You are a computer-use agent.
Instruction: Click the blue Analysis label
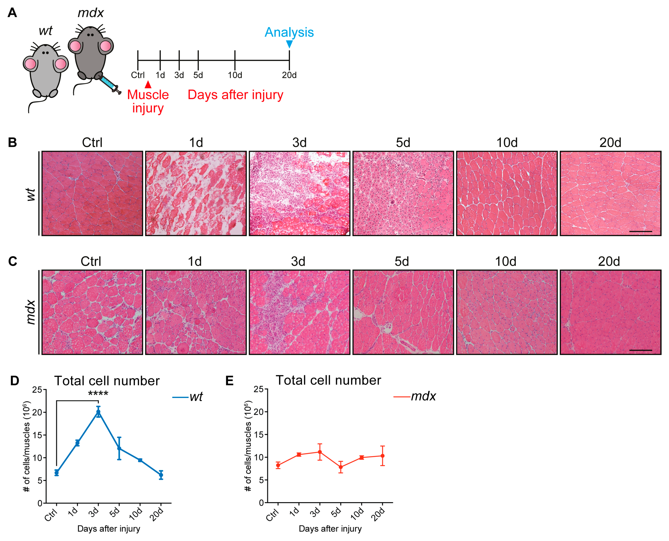coord(289,32)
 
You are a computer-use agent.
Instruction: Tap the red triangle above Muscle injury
coord(148,85)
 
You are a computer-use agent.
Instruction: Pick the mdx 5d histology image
coord(403,312)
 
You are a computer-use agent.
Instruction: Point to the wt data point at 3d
coord(98,412)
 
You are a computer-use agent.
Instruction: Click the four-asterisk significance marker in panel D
coord(98,394)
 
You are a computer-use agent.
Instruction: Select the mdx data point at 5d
coord(341,467)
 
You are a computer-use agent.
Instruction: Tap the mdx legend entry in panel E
coord(415,396)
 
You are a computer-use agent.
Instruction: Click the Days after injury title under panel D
coord(108,529)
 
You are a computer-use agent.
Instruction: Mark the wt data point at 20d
coord(161,475)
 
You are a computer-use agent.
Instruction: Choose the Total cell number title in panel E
coord(328,380)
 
